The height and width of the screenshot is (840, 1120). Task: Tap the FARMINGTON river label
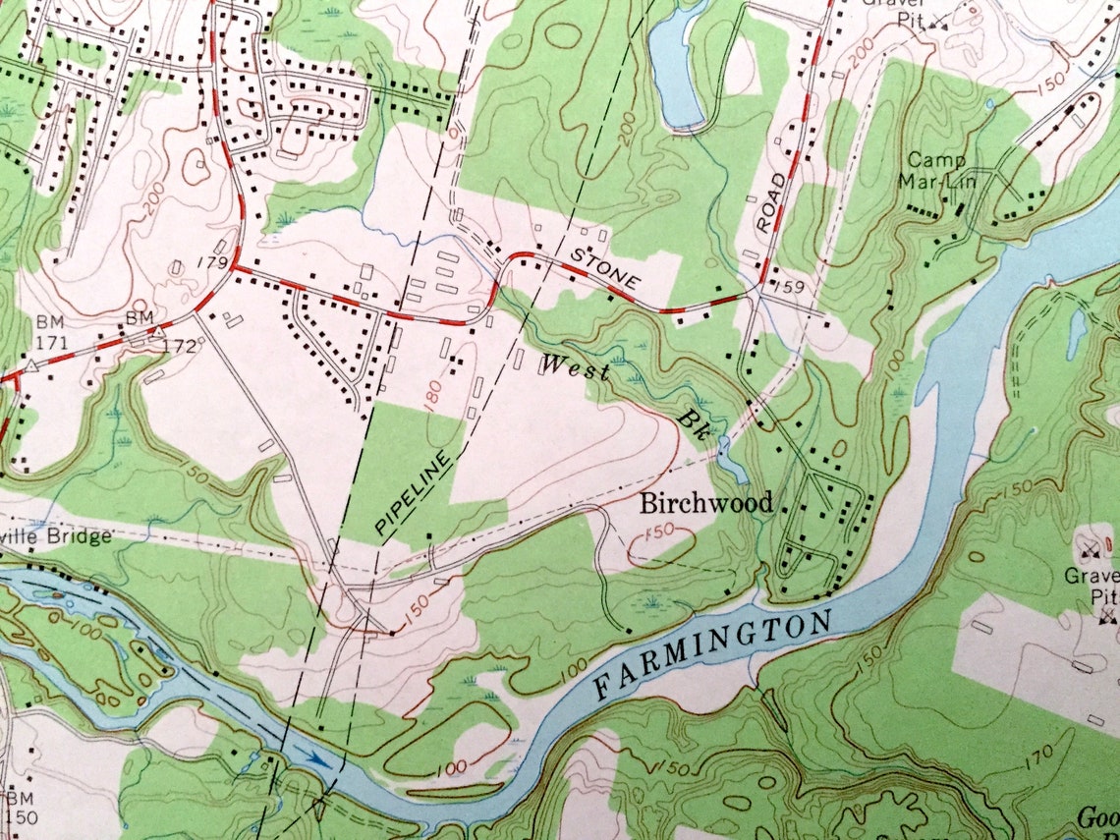[713, 653]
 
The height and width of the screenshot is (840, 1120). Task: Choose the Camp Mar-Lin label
[935, 170]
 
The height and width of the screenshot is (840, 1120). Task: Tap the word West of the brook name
[575, 369]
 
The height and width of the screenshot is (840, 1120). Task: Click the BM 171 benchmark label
[50, 332]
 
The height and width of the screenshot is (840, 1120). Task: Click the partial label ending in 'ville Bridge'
[55, 537]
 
